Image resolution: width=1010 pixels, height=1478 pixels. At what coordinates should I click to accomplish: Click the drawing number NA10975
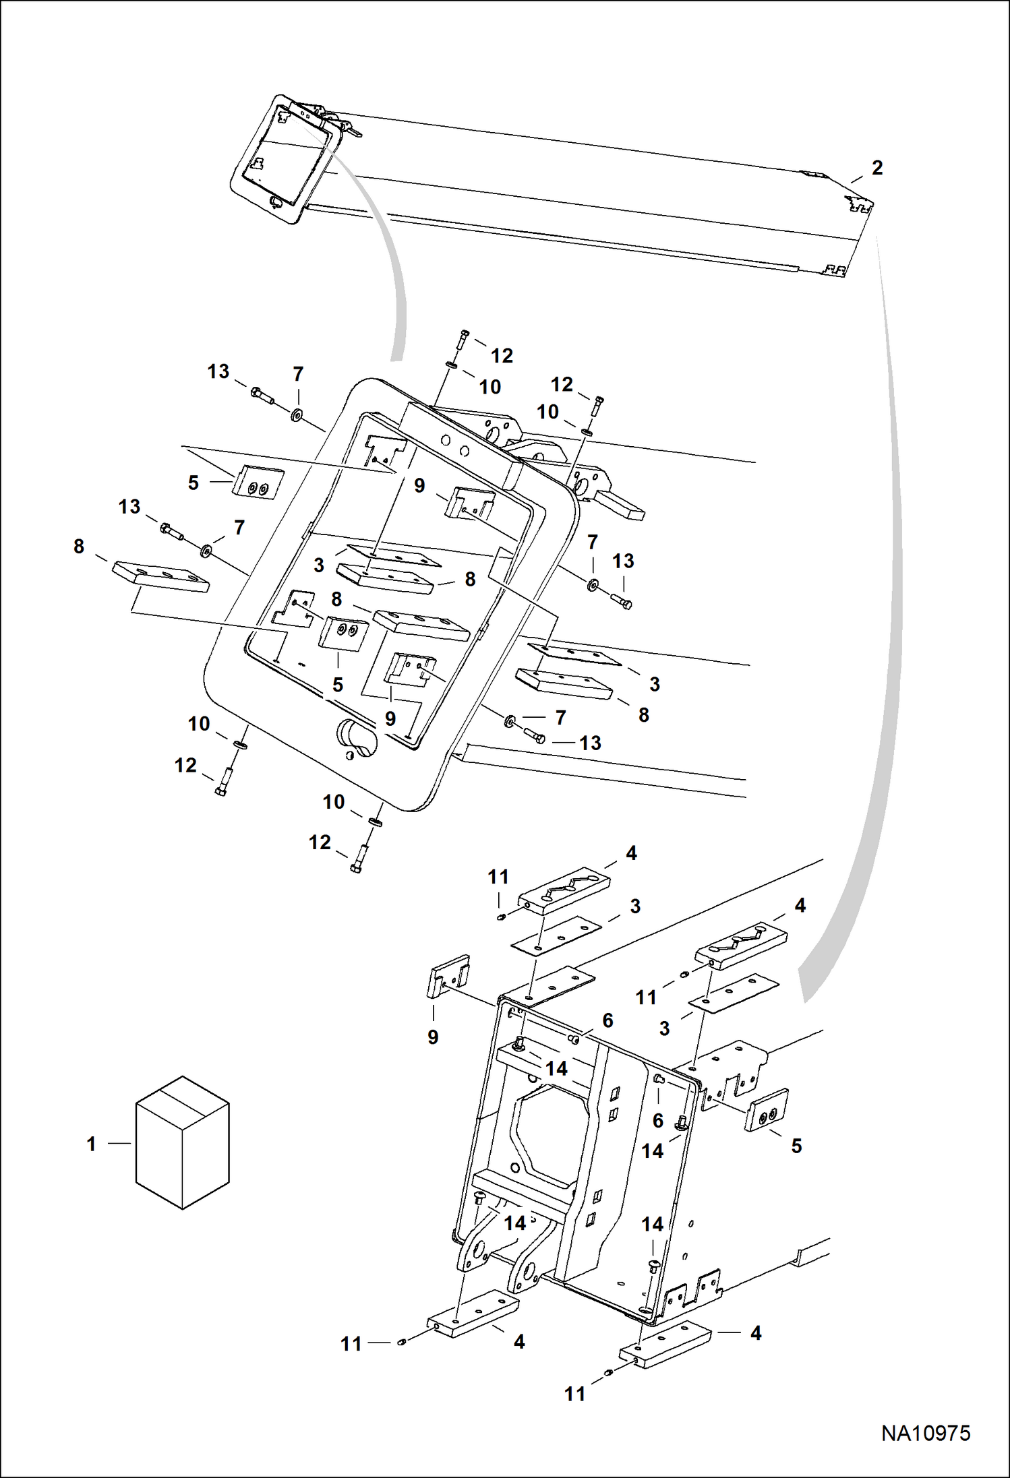click(x=925, y=1433)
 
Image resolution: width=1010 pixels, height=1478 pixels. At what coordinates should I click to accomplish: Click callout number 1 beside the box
click(x=92, y=1144)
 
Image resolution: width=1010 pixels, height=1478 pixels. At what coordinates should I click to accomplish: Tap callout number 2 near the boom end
click(x=877, y=168)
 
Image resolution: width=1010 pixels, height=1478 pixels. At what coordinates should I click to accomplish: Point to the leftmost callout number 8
click(x=79, y=547)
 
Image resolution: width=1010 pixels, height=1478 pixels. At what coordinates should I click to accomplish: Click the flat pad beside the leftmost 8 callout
click(x=160, y=577)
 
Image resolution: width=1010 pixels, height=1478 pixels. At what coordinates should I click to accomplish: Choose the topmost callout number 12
click(x=501, y=355)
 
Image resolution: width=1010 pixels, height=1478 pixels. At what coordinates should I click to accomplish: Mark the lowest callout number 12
click(x=320, y=842)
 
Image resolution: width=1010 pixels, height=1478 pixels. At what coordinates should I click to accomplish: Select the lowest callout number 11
click(x=574, y=1394)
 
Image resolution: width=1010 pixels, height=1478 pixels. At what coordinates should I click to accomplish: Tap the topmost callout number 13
click(x=218, y=371)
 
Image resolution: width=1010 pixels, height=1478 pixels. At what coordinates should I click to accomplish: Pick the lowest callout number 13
click(x=590, y=743)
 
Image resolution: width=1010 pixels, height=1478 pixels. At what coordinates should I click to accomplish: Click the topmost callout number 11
click(x=498, y=877)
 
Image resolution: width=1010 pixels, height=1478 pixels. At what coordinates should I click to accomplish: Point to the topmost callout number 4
click(x=631, y=853)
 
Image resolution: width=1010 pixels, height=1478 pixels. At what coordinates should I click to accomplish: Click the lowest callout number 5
click(x=796, y=1146)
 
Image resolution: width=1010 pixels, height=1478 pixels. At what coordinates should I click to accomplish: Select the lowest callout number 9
click(x=433, y=1037)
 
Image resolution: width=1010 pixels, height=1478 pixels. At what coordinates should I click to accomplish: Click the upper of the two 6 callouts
click(x=607, y=1020)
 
